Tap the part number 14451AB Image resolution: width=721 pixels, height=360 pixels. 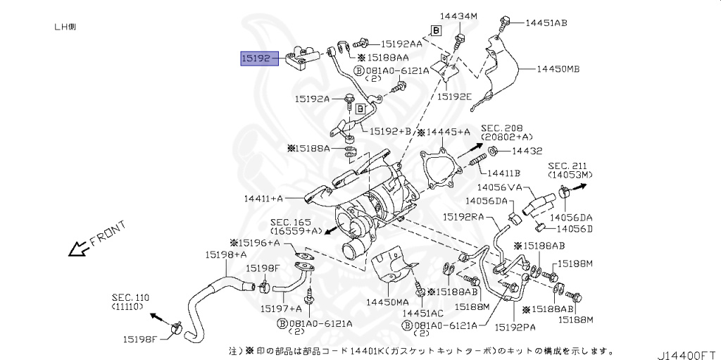[546, 23]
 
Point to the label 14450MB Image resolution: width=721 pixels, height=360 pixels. [558, 69]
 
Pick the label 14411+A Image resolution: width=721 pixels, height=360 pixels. [265, 199]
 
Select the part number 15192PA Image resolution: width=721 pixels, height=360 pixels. [515, 326]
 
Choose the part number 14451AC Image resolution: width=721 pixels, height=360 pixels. [423, 312]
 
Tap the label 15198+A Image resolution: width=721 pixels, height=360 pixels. [225, 254]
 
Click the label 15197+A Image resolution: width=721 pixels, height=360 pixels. [280, 308]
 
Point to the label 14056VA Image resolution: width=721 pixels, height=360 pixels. [499, 187]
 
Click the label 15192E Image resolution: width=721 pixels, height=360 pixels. [453, 97]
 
